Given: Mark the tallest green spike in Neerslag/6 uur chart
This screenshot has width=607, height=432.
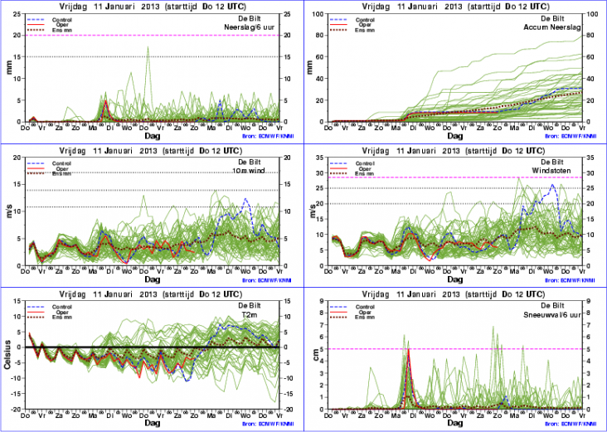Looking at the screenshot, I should coord(148,48).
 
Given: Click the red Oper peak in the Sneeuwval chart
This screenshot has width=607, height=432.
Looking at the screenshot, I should coord(408,351).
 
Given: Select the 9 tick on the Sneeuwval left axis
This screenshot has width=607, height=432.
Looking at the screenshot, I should coord(323,302).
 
